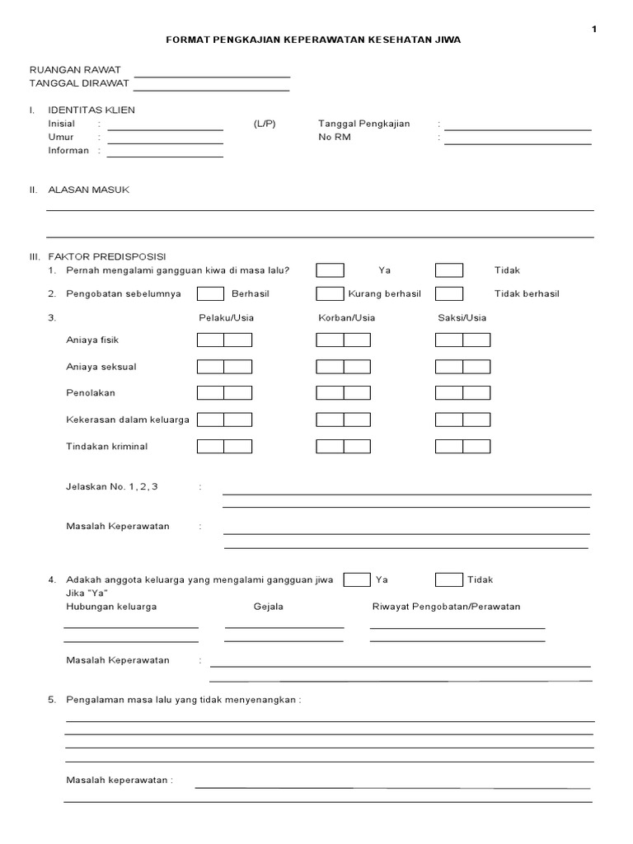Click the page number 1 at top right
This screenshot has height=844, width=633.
[x=593, y=29]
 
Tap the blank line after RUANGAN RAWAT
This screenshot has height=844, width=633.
[x=212, y=75]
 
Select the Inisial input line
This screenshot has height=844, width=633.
[x=165, y=129]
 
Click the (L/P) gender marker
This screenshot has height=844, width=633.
[x=265, y=124]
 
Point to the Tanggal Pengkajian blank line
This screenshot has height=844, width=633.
[x=518, y=129]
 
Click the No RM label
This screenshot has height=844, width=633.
[x=335, y=137]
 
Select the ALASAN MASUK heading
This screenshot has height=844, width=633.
[x=88, y=190]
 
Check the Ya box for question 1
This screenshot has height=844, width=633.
[x=331, y=270]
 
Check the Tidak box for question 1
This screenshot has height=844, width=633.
[x=449, y=270]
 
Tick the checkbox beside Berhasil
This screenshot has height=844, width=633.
[x=210, y=293]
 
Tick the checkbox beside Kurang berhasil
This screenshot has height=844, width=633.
[x=331, y=293]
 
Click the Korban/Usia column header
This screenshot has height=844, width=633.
[x=346, y=317]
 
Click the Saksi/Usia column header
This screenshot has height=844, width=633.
[x=462, y=317]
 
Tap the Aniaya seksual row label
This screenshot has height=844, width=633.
[x=101, y=367]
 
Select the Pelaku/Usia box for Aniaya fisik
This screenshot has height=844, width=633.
[x=224, y=340]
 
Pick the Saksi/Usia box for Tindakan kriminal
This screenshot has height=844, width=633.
[x=462, y=447]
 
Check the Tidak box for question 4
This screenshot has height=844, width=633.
[x=449, y=579]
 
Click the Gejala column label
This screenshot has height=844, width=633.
[x=268, y=607]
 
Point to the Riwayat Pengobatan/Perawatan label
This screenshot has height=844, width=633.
[x=446, y=607]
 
